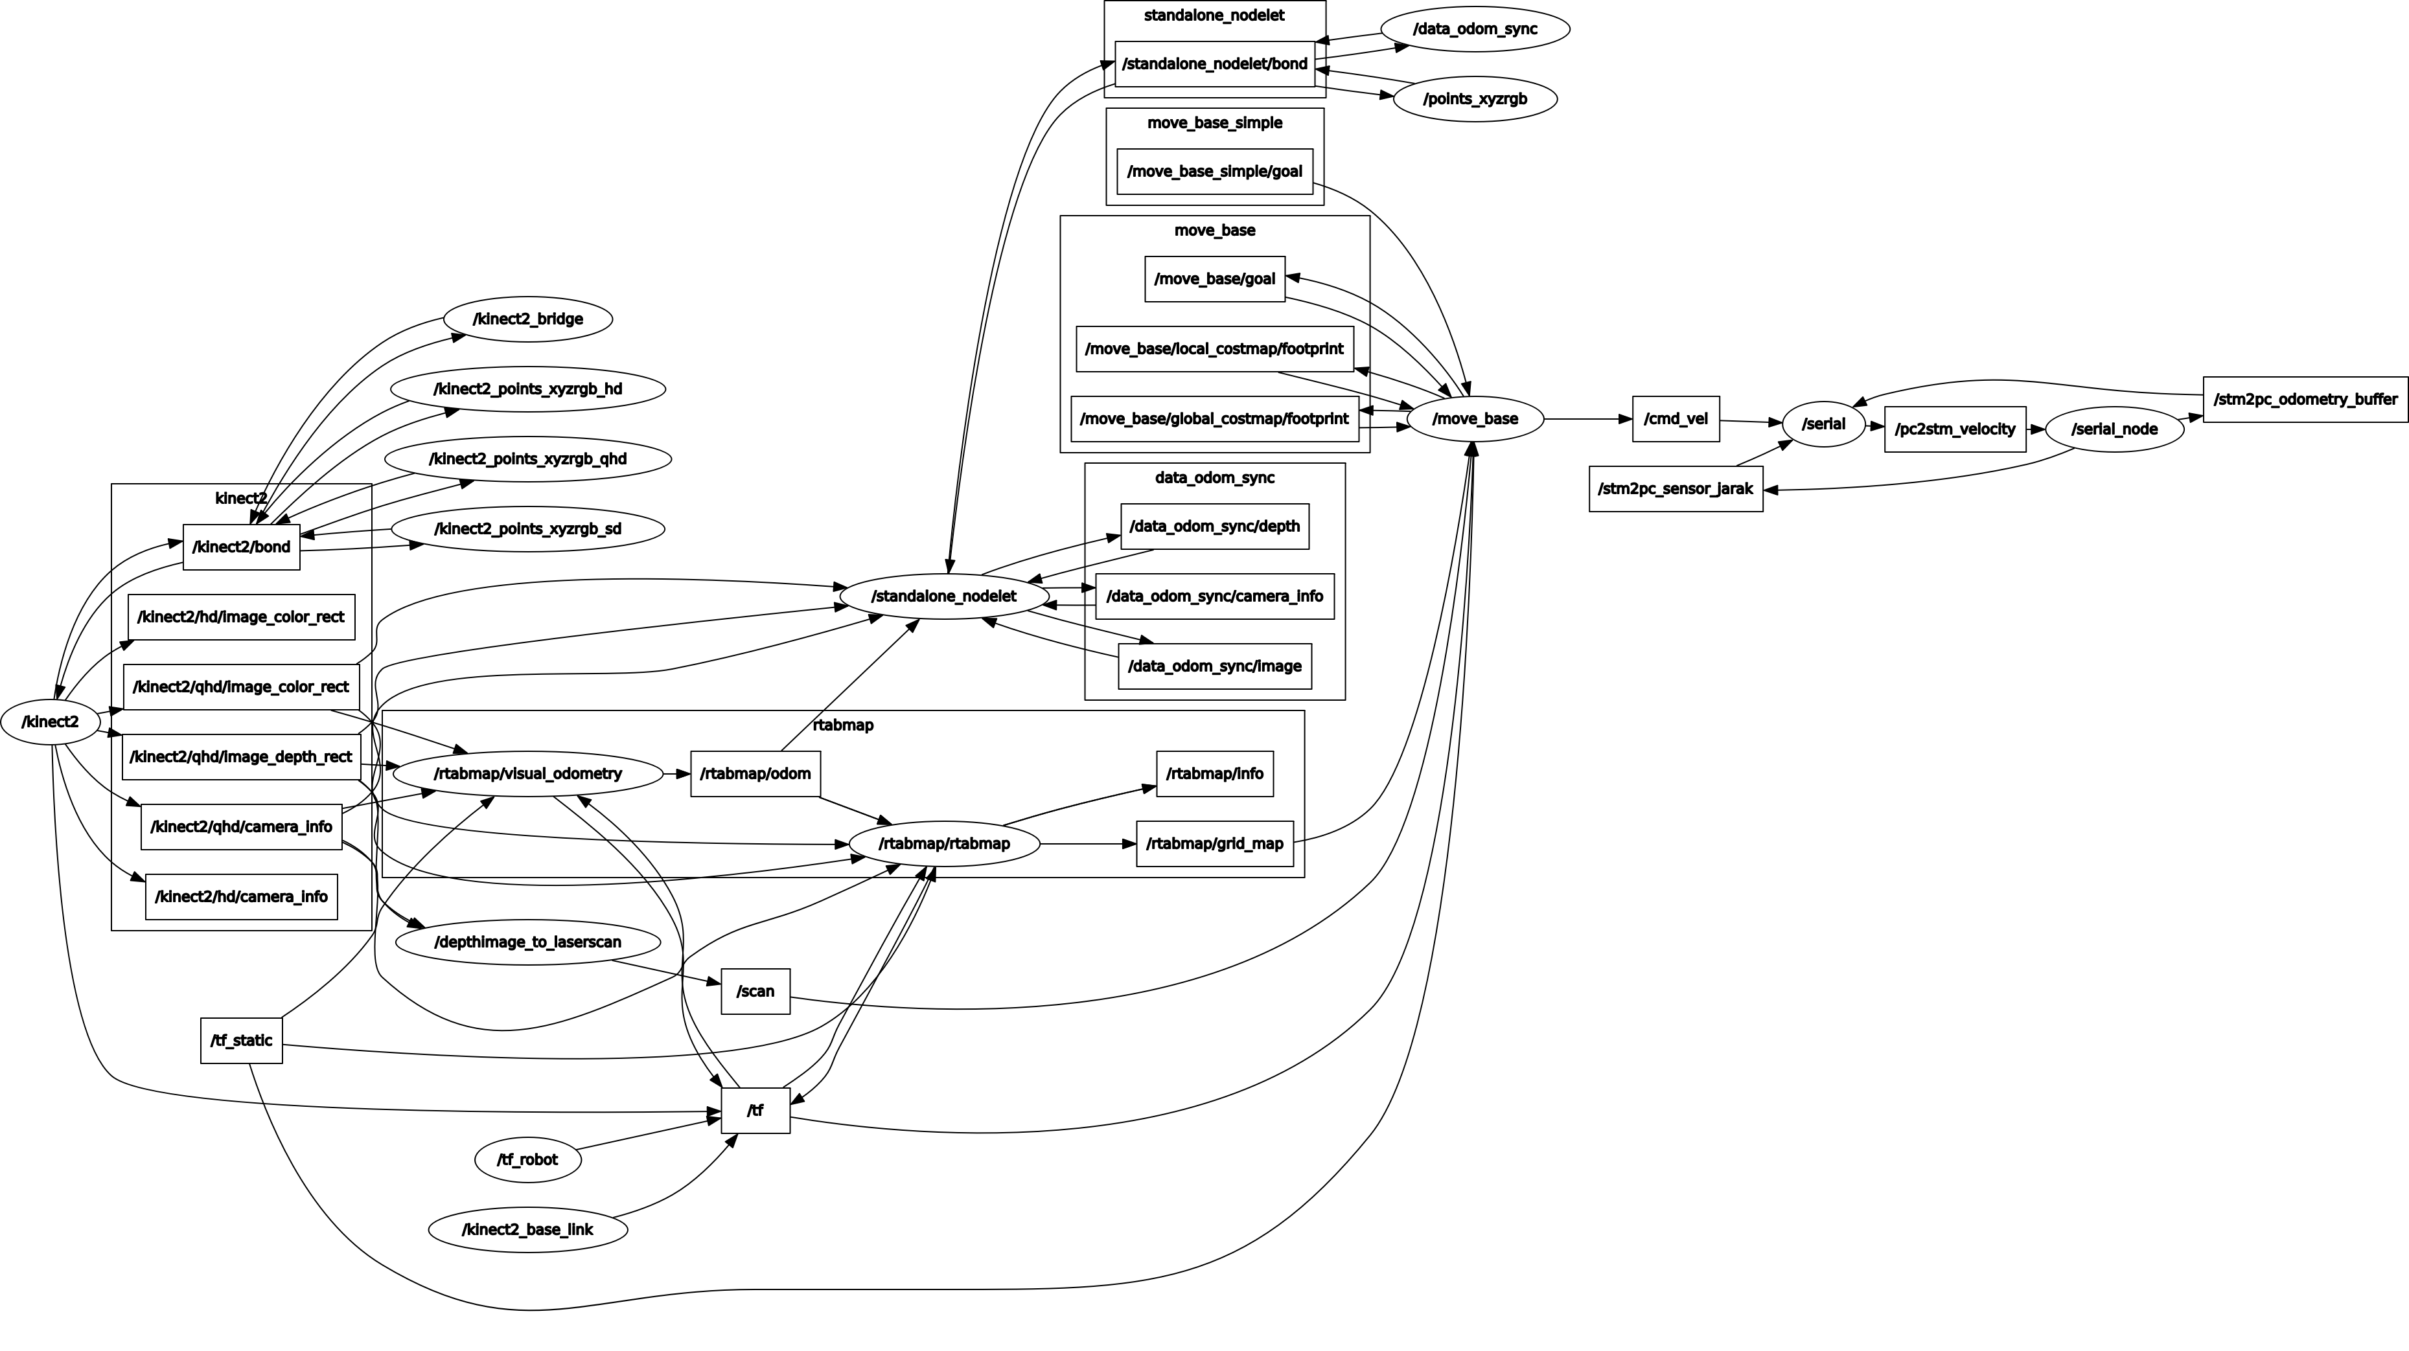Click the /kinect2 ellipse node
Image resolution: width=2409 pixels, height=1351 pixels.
tap(51, 721)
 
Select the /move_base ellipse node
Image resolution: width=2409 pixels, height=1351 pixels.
tap(1475, 419)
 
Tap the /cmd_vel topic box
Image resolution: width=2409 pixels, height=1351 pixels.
tap(1675, 419)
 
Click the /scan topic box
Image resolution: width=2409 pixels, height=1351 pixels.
tap(755, 991)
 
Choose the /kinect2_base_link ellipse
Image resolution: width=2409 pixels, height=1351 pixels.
tap(527, 1229)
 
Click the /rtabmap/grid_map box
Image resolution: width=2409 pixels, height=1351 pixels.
tap(1214, 843)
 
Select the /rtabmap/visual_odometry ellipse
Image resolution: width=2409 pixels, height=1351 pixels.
tap(527, 774)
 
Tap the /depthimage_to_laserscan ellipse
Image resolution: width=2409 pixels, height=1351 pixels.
tap(527, 942)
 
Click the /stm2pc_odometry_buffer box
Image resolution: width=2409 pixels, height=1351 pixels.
tap(2304, 399)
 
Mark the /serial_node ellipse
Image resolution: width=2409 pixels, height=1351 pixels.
tap(2114, 429)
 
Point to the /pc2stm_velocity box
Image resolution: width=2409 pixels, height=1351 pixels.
tap(1955, 429)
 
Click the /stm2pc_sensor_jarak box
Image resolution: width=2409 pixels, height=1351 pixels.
tap(1675, 489)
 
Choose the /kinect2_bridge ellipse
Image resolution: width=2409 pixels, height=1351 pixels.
tap(527, 319)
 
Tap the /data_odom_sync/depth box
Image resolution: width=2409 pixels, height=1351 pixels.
tap(1214, 527)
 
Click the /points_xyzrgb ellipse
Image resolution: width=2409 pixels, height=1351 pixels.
tap(1475, 99)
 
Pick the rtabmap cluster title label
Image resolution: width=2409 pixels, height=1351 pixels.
tap(842, 725)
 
